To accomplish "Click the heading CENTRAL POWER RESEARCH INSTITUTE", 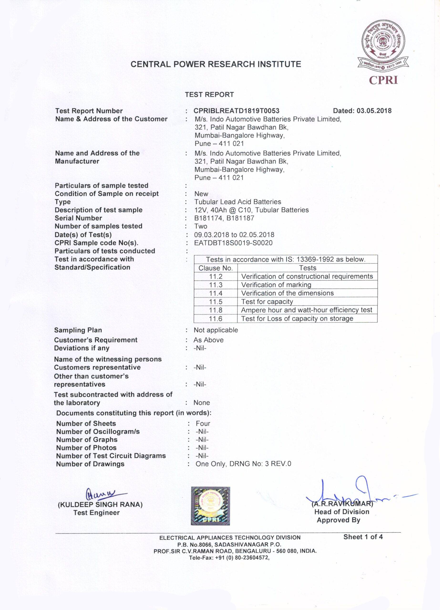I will click(216, 64).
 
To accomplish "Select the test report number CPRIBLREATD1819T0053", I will click(237, 111).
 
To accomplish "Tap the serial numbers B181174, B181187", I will click(224, 218).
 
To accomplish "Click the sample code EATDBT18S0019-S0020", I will click(233, 243).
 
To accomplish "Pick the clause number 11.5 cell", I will click(216, 301).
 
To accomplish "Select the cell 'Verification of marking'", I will click(276, 285).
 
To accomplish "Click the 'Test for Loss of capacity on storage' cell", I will click(297, 319).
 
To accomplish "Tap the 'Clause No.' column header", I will click(216, 268).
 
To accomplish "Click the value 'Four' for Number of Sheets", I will click(203, 424).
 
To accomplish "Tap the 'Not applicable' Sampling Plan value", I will click(216, 330).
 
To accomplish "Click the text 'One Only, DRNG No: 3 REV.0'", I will click(243, 464).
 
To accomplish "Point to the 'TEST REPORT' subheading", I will click(209, 95).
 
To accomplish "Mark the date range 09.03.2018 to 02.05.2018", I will click(234, 235).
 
